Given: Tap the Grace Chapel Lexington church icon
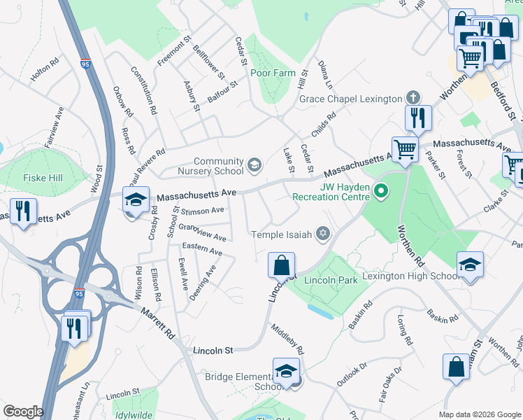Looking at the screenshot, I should point(413,98).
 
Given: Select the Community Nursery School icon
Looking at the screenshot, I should point(255,166).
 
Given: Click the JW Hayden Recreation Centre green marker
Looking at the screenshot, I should point(381,190).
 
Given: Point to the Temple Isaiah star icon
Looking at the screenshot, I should point(322,234).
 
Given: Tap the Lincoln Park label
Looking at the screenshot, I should point(331,280).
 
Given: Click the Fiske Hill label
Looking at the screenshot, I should point(43,178).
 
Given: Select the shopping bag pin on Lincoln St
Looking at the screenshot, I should point(280,265).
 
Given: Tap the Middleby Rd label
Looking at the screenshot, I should point(288,339).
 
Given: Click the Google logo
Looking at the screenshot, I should point(23,412).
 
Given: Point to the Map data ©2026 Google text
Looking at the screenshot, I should point(479,414).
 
